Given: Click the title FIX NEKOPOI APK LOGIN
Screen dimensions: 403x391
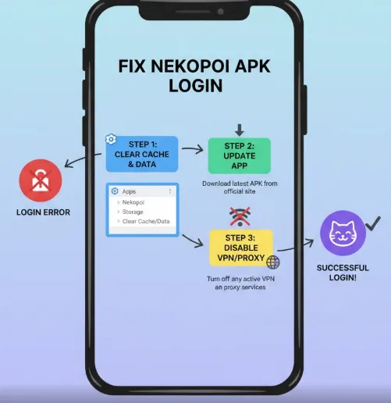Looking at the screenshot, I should [x=195, y=76].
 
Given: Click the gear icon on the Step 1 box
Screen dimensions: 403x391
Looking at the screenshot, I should [x=111, y=140].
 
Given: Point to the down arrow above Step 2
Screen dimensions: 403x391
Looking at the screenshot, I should [x=239, y=128].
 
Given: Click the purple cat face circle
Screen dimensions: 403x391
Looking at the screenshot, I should [x=342, y=234].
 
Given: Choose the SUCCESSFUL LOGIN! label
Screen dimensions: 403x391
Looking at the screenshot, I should [x=343, y=273].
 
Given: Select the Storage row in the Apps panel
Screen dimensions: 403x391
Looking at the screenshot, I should [x=135, y=212].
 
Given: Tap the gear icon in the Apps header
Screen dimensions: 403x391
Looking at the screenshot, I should [x=114, y=191].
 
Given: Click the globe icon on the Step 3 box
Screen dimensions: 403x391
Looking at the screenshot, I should [x=272, y=262].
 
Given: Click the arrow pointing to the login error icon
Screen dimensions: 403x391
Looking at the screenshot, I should [x=76, y=162].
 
